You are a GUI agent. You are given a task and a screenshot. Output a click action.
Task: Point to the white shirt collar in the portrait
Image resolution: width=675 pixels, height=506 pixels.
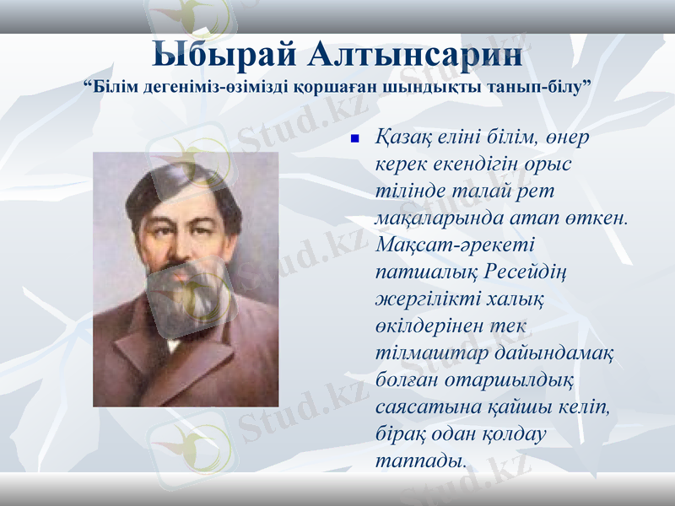174,343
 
